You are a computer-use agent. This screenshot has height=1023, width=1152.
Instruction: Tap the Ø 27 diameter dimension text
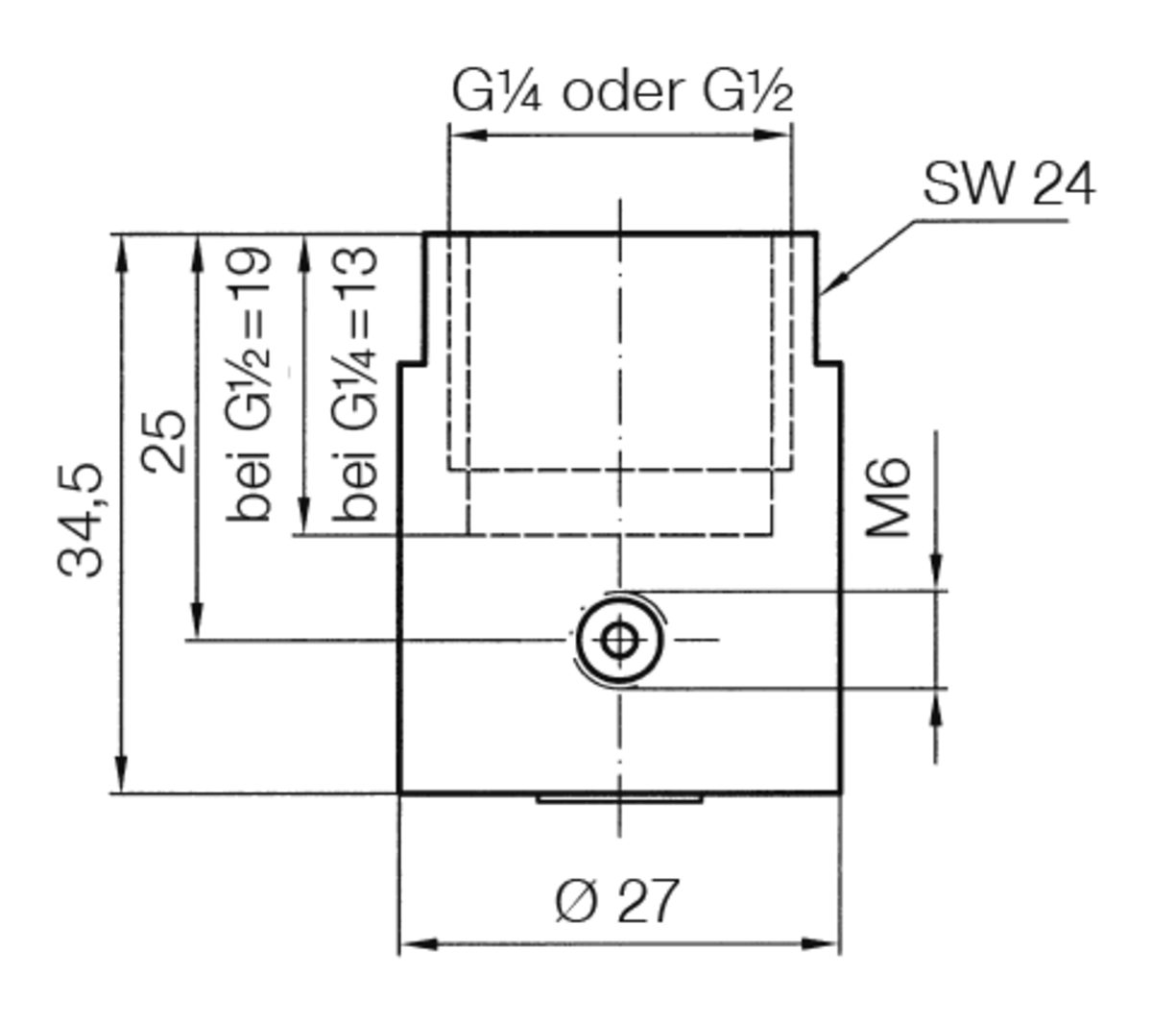pos(616,900)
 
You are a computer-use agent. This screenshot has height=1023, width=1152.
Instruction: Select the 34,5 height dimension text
pos(81,520)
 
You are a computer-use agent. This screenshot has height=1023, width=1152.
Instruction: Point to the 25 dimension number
pos(164,441)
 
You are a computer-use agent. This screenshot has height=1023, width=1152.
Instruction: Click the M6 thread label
pos(888,498)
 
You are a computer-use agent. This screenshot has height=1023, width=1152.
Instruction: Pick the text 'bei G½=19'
pos(251,384)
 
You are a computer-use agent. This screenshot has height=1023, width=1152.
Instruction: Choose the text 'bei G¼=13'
pos(355,384)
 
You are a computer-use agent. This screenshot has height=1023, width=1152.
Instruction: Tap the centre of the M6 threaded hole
pos(620,639)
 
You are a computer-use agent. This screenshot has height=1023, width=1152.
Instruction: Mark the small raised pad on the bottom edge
pos(619,798)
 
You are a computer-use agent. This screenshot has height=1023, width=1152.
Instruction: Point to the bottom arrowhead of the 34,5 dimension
pos(121,778)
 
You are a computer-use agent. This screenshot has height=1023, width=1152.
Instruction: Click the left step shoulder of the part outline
pos(413,363)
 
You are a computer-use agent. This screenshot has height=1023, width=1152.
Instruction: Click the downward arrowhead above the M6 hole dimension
pos(936,574)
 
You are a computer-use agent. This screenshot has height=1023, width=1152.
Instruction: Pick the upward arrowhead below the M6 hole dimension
pos(936,706)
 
